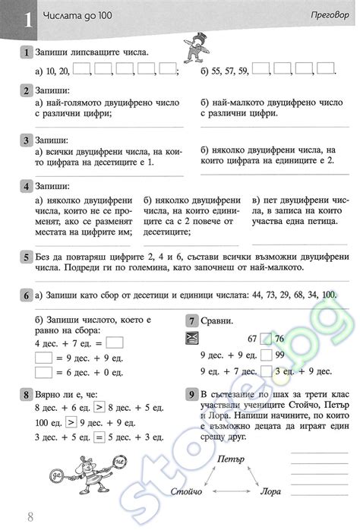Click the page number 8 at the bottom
[x=30, y=519]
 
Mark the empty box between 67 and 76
[x=264, y=339]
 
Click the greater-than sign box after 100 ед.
[x=70, y=422]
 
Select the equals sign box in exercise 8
[x=98, y=438]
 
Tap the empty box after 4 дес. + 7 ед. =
[x=115, y=341]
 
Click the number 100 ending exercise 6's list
[x=328, y=295]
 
